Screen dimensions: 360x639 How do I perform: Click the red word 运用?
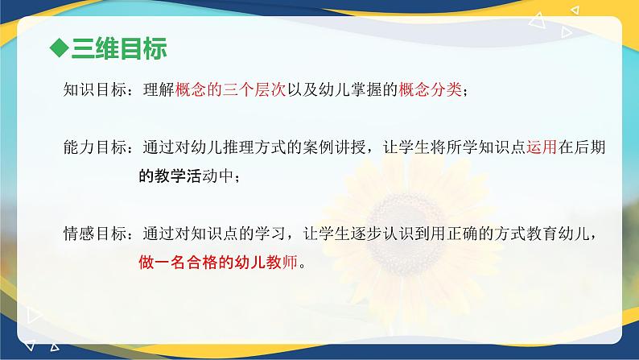tap(542, 148)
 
